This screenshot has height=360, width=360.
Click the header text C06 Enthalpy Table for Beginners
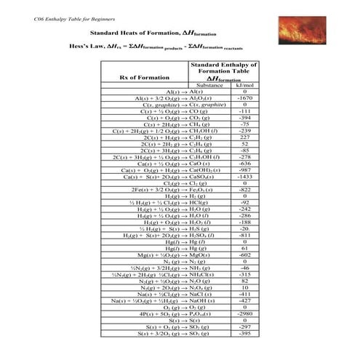[x=65, y=7]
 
